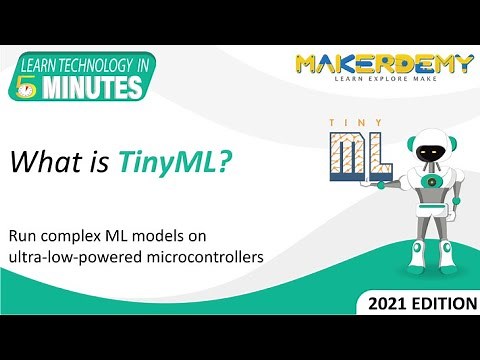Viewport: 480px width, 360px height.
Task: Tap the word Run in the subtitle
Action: [23, 238]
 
